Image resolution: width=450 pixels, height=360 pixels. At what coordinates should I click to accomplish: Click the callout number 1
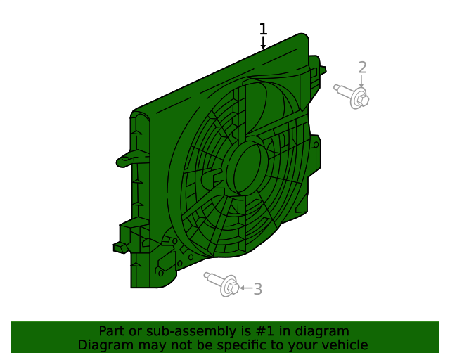pyautogui.click(x=263, y=29)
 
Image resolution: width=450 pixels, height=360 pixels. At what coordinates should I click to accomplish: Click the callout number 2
pyautogui.click(x=362, y=67)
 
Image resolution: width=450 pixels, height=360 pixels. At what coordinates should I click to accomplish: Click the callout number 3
pyautogui.click(x=257, y=288)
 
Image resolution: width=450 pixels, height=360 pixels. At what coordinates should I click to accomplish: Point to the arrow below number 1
pyautogui.click(x=263, y=44)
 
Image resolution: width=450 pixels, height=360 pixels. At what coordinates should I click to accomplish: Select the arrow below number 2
pyautogui.click(x=362, y=82)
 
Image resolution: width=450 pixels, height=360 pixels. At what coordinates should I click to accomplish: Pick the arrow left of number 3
pyautogui.click(x=244, y=288)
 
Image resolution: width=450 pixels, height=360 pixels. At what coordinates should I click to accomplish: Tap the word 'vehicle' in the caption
pyautogui.click(x=345, y=345)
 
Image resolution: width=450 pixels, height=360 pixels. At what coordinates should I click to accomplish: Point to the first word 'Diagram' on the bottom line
pyautogui.click(x=103, y=345)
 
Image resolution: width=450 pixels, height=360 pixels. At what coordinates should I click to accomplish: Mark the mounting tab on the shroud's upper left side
pyautogui.click(x=126, y=158)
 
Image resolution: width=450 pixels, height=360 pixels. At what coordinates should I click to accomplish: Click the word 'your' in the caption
pyautogui.click(x=304, y=345)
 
